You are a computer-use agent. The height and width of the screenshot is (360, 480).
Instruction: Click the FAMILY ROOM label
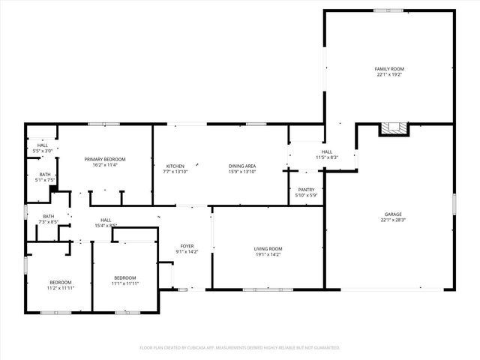click(389, 68)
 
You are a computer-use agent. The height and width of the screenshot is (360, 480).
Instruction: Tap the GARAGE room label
click(389, 214)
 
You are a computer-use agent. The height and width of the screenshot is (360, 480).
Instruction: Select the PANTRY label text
click(306, 189)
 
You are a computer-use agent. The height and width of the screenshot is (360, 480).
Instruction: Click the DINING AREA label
click(242, 166)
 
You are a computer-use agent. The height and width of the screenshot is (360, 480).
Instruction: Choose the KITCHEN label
click(175, 166)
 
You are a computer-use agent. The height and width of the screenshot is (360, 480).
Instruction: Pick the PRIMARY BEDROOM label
click(105, 159)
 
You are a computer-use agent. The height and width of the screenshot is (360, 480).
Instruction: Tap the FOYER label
click(187, 246)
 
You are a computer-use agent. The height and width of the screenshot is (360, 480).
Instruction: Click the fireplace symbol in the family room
click(393, 129)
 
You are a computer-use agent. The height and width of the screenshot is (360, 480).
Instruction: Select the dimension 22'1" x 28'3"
click(389, 220)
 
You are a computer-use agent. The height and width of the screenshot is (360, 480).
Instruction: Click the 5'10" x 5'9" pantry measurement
click(306, 195)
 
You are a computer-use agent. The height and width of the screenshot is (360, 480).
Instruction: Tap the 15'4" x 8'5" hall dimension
click(105, 225)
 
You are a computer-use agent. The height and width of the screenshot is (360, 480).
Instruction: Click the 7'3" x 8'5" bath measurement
click(48, 222)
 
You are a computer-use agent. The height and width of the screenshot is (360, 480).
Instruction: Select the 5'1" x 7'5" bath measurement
click(46, 180)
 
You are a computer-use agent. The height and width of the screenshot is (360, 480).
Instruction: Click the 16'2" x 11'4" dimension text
click(105, 165)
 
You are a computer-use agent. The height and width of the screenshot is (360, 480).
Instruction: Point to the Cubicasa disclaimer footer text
click(240, 347)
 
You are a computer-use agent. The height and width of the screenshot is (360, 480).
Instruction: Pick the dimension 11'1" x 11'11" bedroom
click(126, 283)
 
